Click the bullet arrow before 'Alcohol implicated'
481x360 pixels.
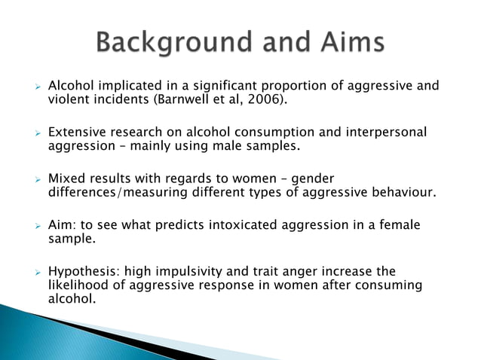[x=35, y=87]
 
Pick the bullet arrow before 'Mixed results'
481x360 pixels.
[x=35, y=179]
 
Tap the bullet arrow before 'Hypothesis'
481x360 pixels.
[x=35, y=271]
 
